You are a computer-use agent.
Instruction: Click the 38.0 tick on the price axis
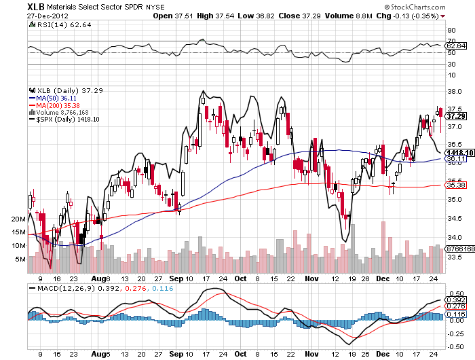click(455, 92)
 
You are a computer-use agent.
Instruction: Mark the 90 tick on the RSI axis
click(451, 31)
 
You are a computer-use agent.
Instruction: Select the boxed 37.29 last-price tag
click(455, 116)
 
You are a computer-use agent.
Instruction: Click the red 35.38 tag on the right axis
click(455, 185)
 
